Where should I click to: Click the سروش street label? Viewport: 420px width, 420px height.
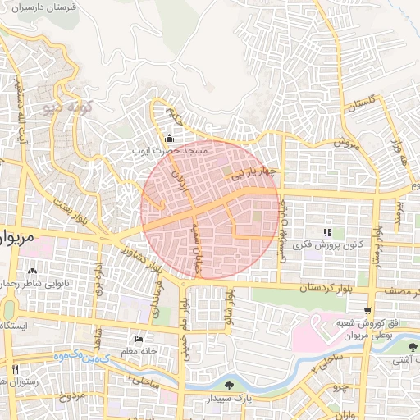(x=345, y=142)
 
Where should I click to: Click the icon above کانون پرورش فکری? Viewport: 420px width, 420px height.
(x=328, y=233)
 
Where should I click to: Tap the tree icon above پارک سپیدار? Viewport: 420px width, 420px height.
(x=229, y=385)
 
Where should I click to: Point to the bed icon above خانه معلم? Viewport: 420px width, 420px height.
(x=138, y=340)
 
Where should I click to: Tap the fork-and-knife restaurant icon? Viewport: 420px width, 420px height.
(x=15, y=370)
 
